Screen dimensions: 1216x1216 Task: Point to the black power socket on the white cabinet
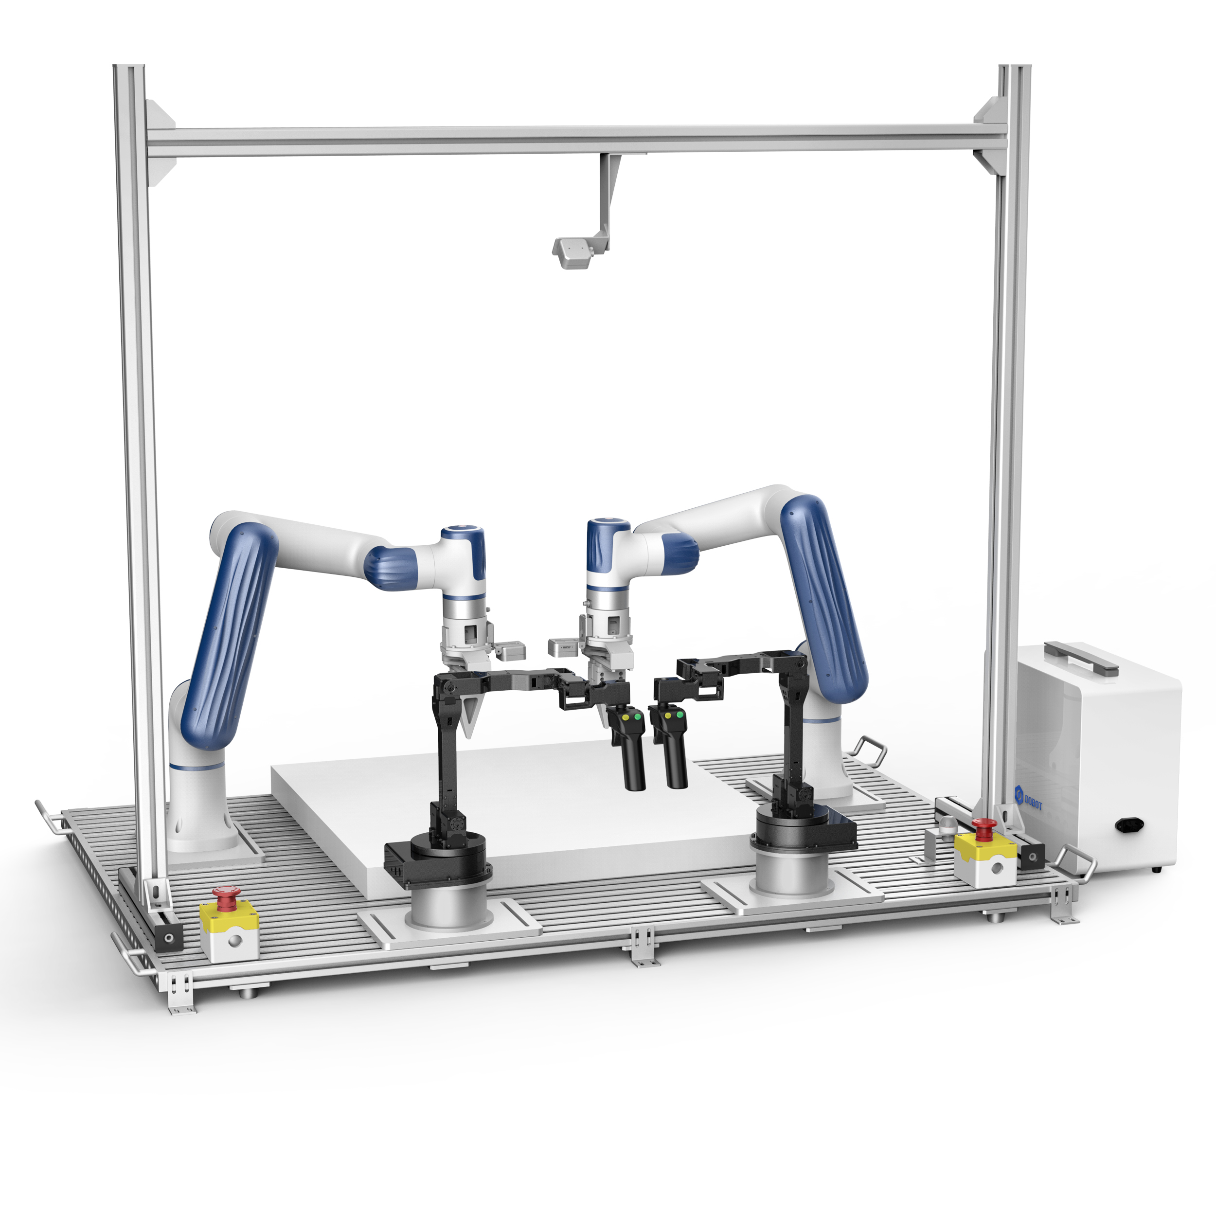[1130, 825]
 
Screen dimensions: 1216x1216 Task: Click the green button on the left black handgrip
[638, 716]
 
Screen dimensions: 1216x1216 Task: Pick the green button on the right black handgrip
[680, 715]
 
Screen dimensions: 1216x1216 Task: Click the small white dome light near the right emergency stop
[947, 824]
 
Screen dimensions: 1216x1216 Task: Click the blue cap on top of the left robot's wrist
[463, 535]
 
